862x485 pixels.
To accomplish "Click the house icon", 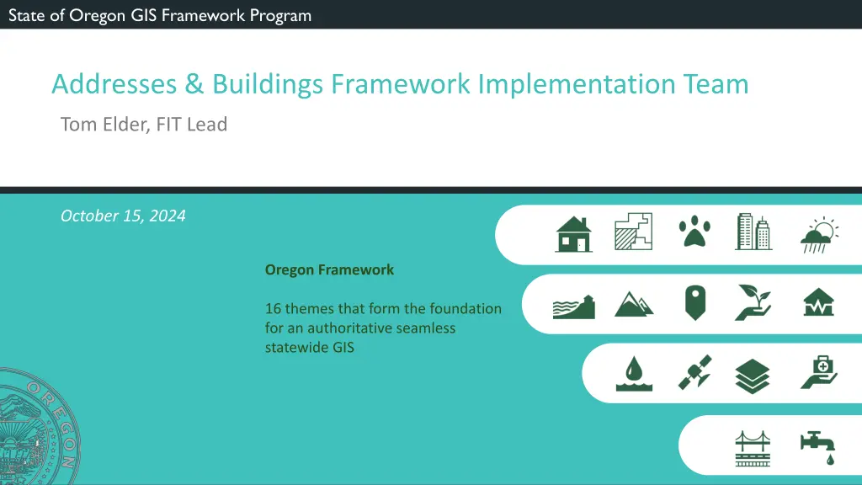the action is pyautogui.click(x=573, y=234).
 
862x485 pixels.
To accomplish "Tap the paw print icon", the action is pyautogui.click(x=694, y=231).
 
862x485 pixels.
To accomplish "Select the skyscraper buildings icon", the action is pyautogui.click(x=753, y=232).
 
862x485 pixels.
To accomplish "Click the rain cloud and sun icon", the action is pyautogui.click(x=819, y=235).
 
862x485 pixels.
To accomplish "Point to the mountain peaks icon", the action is pyautogui.click(x=634, y=304).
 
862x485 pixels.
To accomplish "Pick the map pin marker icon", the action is pyautogui.click(x=694, y=302).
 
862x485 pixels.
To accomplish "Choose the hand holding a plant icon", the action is pyautogui.click(x=753, y=302).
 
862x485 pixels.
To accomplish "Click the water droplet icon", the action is pyautogui.click(x=634, y=373).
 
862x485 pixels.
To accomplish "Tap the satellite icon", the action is pyautogui.click(x=694, y=373).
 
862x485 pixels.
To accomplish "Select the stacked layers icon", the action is pyautogui.click(x=752, y=376).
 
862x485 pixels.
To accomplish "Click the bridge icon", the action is pyautogui.click(x=753, y=449).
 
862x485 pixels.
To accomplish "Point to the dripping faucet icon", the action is pyautogui.click(x=818, y=447).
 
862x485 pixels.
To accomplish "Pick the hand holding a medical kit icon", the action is pyautogui.click(x=819, y=372).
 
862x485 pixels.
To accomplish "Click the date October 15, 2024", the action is pyautogui.click(x=123, y=216).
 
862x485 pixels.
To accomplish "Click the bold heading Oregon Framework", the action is pyautogui.click(x=329, y=270).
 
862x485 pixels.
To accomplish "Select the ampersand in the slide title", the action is pyautogui.click(x=194, y=84).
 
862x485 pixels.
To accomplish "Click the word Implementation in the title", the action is pyautogui.click(x=576, y=85).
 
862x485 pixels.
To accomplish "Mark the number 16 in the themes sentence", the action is pyautogui.click(x=273, y=308).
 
